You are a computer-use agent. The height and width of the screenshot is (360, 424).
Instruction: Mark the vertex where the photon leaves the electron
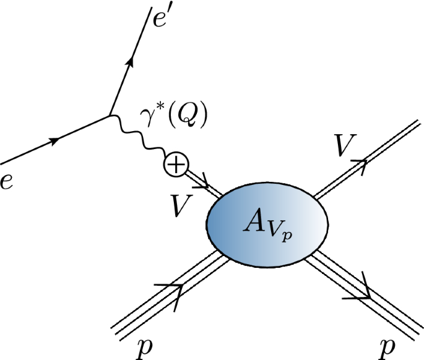click(x=110, y=115)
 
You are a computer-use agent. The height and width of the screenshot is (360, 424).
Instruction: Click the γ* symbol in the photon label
click(x=151, y=118)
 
